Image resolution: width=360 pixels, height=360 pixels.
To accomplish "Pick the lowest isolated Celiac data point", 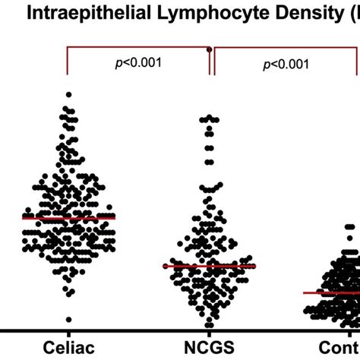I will [x=68, y=320].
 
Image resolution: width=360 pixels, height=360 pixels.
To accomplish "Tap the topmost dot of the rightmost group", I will [x=350, y=226].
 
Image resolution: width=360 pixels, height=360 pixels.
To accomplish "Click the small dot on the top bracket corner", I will [x=209, y=48].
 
